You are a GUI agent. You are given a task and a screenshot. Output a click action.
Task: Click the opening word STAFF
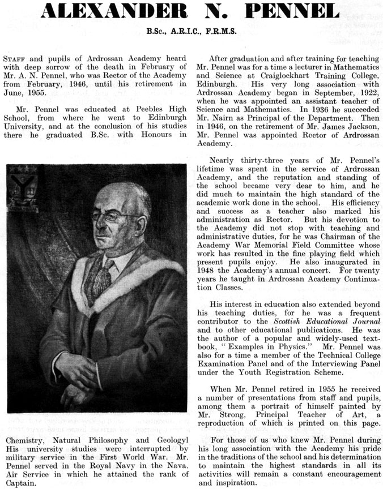pyautogui.click(x=15, y=59)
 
